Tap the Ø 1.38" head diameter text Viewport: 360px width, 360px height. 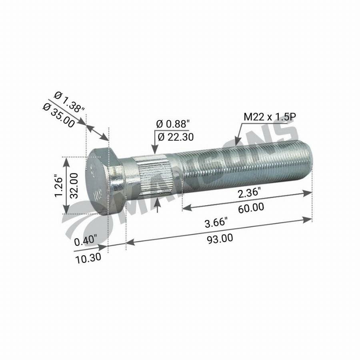[x=69, y=102]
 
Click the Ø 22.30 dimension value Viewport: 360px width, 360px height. [x=176, y=137]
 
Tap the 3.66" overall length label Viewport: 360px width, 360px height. [x=216, y=222]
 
